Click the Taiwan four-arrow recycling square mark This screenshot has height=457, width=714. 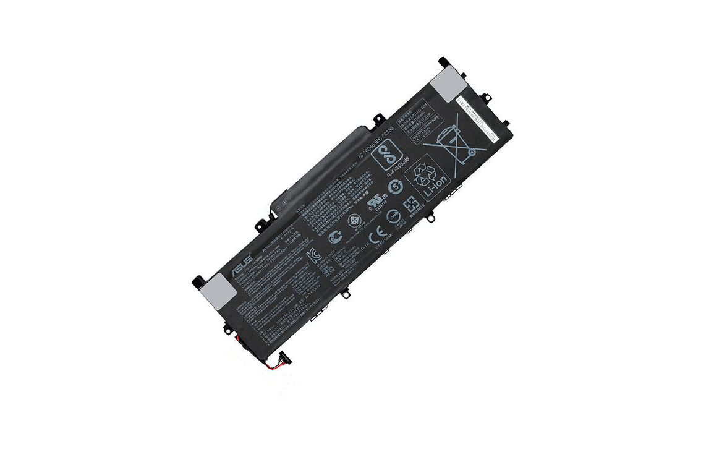tap(410, 204)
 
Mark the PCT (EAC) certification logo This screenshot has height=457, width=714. tap(338, 236)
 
